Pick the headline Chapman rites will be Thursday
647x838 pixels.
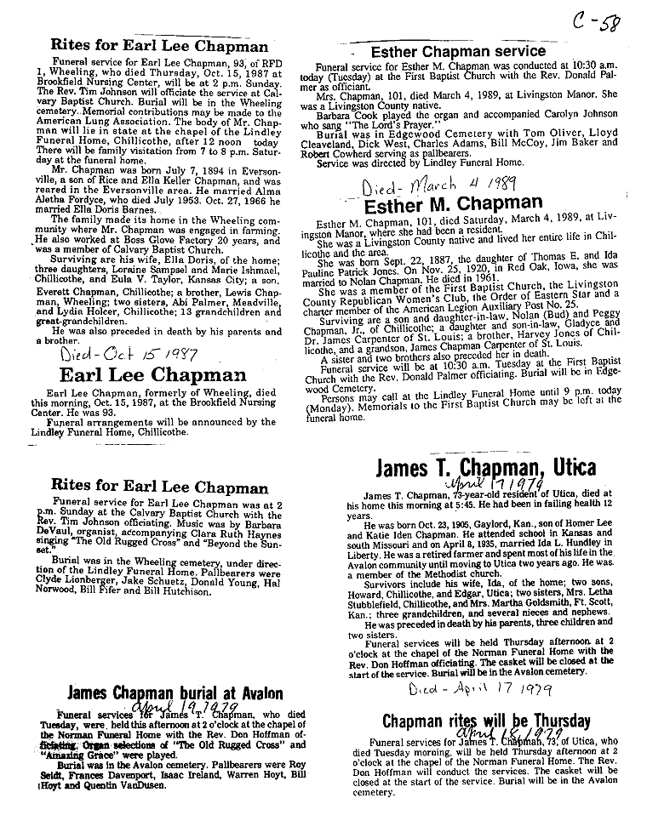[x=486, y=722]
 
